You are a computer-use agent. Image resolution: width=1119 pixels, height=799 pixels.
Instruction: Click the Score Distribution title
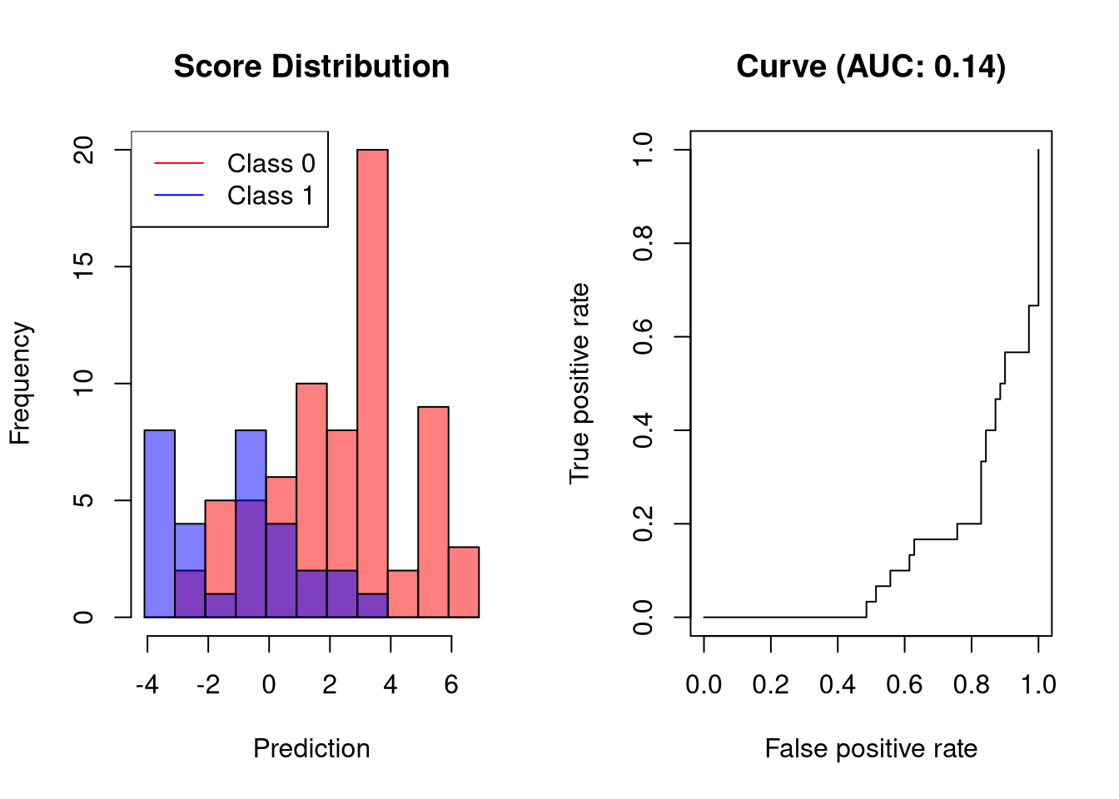[x=311, y=67]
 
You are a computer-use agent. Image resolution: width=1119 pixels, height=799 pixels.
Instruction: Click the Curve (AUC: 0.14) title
[x=871, y=67]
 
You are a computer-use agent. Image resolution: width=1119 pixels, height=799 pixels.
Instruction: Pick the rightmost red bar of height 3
[x=464, y=582]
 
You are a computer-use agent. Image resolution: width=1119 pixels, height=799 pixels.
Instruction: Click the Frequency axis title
[x=20, y=383]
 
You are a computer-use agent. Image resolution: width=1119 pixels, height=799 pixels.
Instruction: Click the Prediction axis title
[x=311, y=748]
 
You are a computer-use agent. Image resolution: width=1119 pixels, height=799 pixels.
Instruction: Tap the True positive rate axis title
[x=579, y=383]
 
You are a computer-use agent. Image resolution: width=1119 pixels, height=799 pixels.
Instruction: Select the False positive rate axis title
[x=871, y=748]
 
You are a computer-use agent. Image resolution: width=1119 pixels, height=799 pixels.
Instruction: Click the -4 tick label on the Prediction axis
[x=147, y=684]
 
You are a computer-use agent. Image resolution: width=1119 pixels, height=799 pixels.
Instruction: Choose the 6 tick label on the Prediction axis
[x=451, y=684]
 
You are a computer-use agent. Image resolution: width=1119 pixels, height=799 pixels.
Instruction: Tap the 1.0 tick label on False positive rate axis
[x=1038, y=684]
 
